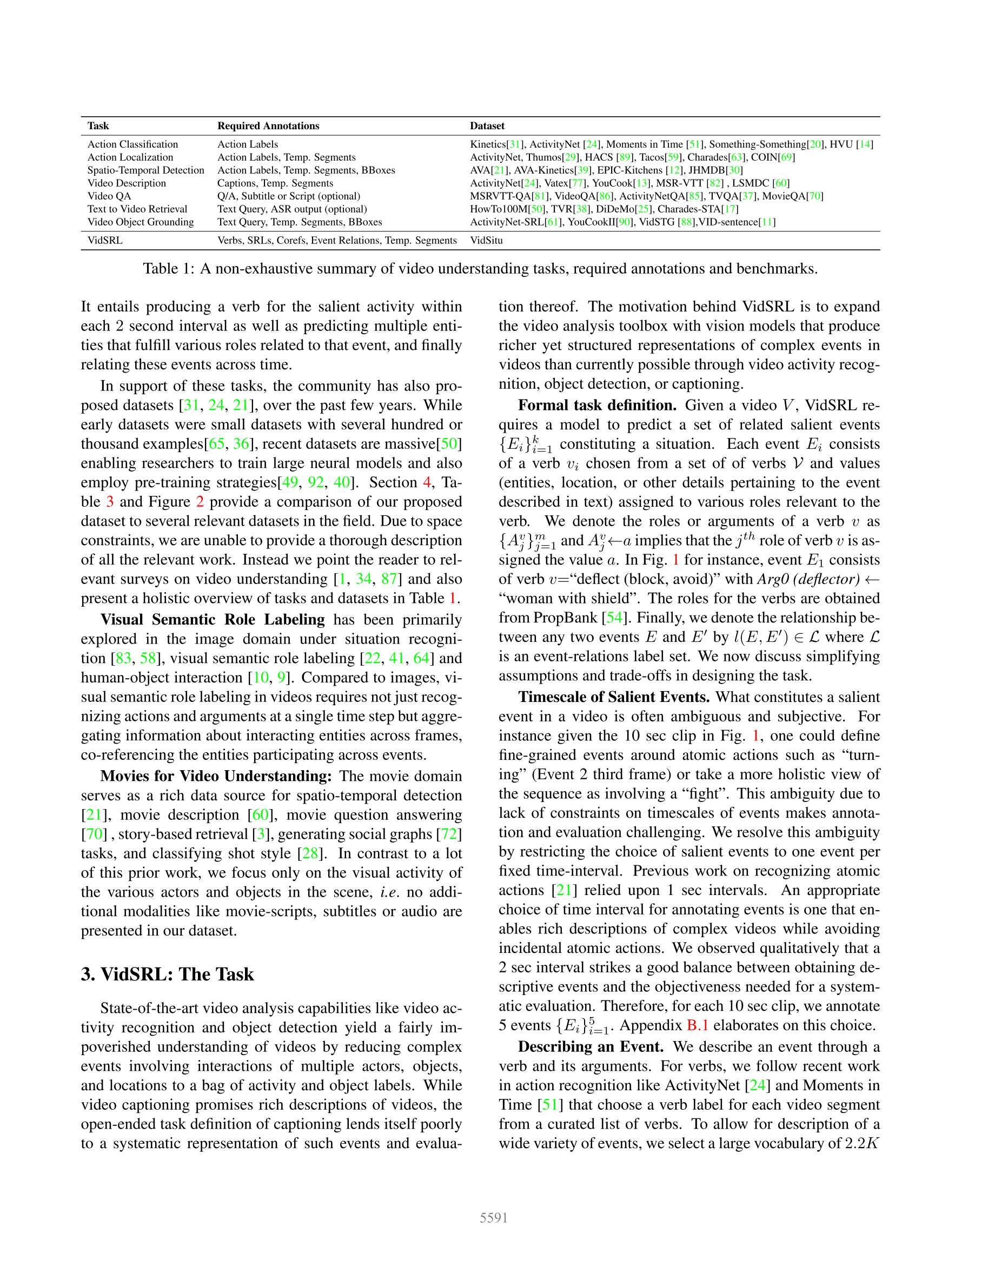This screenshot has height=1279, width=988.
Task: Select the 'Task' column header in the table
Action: [x=98, y=126]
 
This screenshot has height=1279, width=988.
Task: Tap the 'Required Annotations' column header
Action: [x=268, y=126]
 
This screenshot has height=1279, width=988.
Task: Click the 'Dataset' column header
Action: [x=487, y=126]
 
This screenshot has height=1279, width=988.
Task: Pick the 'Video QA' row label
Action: [x=109, y=196]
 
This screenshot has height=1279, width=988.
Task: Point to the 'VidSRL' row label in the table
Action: [x=105, y=240]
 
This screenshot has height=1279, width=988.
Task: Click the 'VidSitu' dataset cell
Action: [x=486, y=240]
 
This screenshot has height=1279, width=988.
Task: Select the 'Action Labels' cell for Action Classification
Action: [x=247, y=144]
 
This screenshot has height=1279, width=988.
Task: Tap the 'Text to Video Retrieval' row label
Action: [x=137, y=209]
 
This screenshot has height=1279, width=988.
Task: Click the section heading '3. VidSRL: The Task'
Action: [x=167, y=974]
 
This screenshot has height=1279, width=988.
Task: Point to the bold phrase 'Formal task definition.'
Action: [x=597, y=405]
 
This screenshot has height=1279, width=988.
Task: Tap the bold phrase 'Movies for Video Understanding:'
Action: [x=216, y=776]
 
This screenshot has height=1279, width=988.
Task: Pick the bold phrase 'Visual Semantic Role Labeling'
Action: [x=212, y=620]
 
